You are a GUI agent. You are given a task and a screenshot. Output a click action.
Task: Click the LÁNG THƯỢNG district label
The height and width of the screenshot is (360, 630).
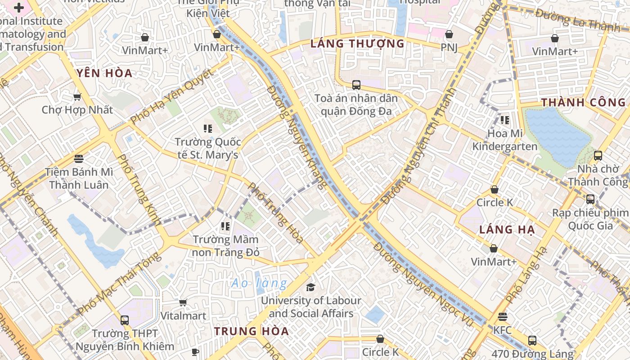click(x=357, y=44)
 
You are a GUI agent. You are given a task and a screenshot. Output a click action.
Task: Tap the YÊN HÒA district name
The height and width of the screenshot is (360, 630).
click(x=104, y=73)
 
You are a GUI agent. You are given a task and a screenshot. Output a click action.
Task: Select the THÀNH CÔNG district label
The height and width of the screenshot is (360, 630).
click(x=583, y=102)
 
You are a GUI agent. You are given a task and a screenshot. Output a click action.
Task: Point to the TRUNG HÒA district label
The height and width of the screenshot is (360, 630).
click(x=251, y=331)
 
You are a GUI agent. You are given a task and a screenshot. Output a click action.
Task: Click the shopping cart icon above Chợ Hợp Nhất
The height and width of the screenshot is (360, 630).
click(x=77, y=97)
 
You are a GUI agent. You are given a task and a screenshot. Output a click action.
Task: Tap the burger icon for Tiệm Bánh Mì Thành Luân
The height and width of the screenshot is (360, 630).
click(x=79, y=158)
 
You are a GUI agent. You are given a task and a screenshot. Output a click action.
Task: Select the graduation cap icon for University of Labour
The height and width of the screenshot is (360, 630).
click(x=310, y=287)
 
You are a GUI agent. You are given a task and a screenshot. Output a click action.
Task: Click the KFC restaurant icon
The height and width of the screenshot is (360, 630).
click(x=503, y=317)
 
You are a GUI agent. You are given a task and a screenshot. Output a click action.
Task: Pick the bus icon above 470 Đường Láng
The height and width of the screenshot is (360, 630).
click(x=532, y=340)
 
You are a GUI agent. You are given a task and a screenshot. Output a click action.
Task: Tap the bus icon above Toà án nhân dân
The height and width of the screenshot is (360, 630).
click(x=356, y=85)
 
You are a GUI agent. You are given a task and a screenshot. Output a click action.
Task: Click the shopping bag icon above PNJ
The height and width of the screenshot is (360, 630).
click(x=449, y=34)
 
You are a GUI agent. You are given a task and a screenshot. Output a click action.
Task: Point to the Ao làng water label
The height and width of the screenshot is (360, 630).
click(x=259, y=283)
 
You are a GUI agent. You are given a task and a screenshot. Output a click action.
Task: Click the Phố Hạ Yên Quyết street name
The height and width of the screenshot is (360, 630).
click(x=171, y=97)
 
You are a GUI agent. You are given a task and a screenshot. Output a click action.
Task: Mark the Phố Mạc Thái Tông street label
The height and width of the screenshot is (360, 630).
click(x=119, y=283)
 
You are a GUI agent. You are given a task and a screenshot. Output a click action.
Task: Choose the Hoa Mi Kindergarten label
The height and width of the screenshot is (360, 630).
click(x=504, y=140)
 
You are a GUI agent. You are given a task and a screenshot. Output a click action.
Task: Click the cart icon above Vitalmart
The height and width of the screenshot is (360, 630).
click(x=183, y=302)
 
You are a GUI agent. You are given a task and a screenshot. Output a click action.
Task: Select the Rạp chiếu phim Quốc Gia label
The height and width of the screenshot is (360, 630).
click(x=589, y=219)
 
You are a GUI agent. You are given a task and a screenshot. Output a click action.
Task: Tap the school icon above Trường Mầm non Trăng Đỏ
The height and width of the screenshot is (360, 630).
click(x=225, y=226)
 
